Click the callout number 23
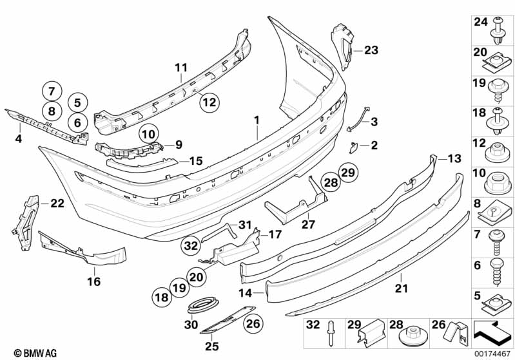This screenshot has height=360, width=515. click(372, 50)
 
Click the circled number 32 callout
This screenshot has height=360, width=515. click(191, 245)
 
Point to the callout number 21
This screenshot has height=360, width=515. click(402, 290)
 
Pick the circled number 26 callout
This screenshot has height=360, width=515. click(253, 323)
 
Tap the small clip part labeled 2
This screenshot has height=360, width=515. click(355, 147)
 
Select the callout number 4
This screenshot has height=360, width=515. click(18, 138)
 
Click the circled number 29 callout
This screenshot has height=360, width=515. click(348, 173)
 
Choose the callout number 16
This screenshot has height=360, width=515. click(94, 281)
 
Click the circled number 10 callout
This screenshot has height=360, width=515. click(149, 134)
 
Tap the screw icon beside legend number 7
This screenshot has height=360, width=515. click(500, 240)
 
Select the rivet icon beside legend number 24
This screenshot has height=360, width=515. click(500, 26)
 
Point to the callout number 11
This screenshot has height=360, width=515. click(180, 66)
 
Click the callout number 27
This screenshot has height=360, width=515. click(307, 225)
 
